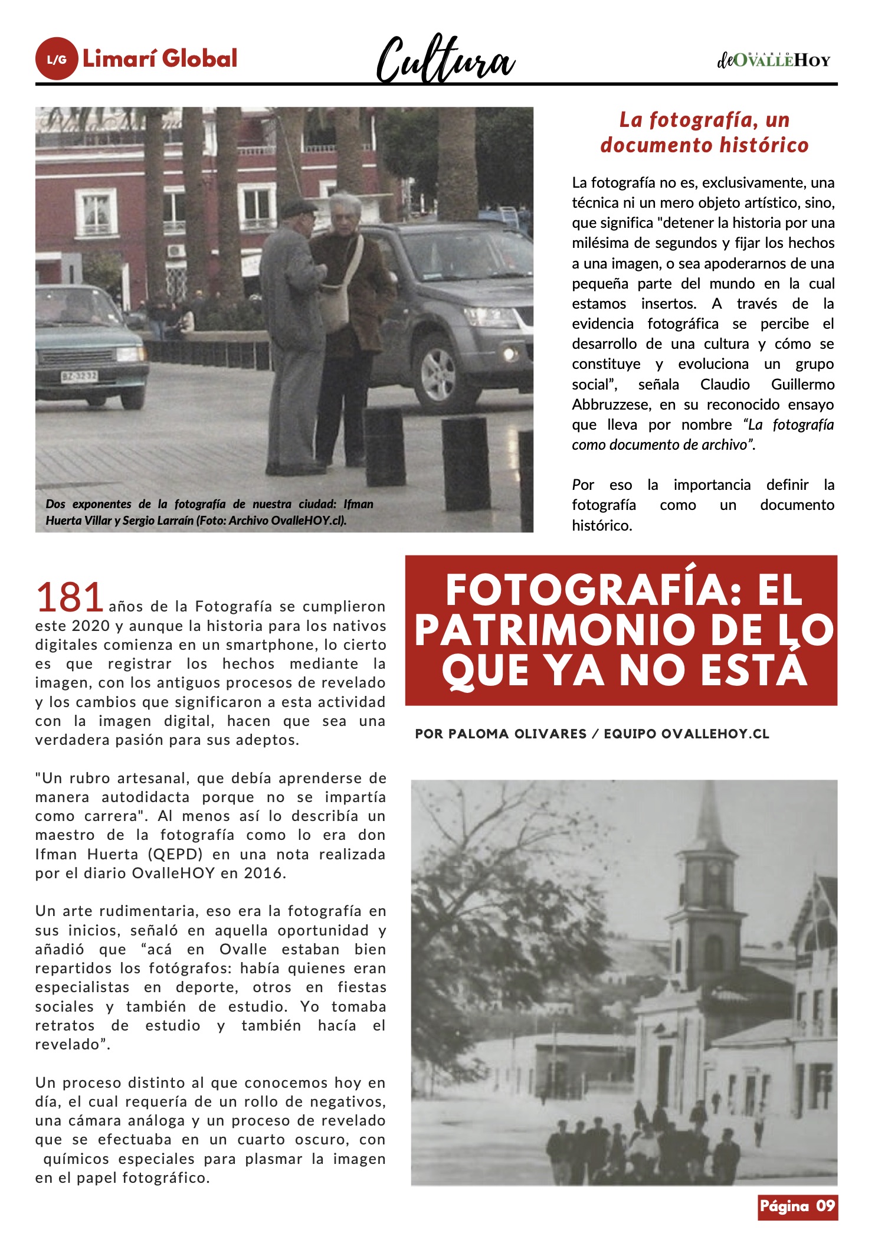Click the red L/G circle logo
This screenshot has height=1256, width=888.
(x=57, y=59)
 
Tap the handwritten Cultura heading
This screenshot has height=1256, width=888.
(x=445, y=60)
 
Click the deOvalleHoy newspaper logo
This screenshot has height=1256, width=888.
(x=774, y=60)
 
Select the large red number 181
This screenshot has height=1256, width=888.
(x=70, y=597)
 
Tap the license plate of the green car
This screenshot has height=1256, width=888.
(x=80, y=376)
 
